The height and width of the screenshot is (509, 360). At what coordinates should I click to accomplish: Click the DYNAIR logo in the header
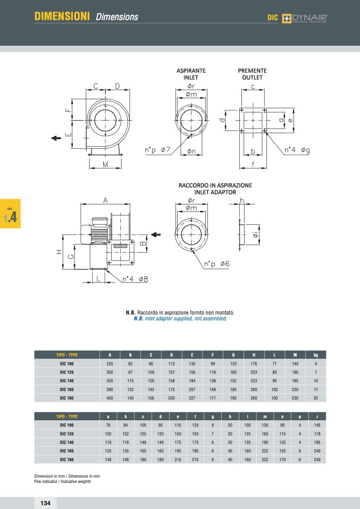click(x=305, y=18)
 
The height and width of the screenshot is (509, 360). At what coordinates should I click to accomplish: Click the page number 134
click(x=46, y=503)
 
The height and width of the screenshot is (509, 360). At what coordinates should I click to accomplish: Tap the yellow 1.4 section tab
click(x=10, y=214)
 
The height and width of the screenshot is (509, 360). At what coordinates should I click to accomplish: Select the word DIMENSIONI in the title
click(x=62, y=16)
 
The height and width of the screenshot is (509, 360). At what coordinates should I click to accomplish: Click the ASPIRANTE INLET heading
click(x=191, y=74)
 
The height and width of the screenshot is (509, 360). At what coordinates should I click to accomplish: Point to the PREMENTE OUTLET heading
click(x=252, y=74)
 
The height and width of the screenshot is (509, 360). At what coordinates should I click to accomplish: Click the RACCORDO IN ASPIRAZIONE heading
click(x=215, y=185)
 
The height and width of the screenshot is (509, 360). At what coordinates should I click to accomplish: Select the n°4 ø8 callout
click(x=135, y=279)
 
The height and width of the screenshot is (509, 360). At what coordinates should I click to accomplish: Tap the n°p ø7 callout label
click(x=157, y=150)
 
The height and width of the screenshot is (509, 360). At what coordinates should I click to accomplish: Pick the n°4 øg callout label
click(x=297, y=150)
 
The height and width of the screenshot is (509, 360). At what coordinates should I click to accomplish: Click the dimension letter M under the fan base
click(x=105, y=164)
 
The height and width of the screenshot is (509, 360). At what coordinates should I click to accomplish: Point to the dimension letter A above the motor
click(x=105, y=201)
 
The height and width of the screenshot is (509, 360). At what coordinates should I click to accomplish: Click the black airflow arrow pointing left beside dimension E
click(x=56, y=138)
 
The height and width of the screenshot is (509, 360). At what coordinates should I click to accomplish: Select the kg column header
click(x=315, y=355)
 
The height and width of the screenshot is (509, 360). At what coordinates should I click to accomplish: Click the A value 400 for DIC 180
click(x=110, y=398)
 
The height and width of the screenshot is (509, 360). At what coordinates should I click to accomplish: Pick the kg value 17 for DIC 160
click(x=315, y=389)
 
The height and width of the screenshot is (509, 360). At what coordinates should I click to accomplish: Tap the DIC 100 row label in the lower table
click(x=66, y=425)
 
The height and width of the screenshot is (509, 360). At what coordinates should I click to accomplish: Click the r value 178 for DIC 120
click(x=317, y=434)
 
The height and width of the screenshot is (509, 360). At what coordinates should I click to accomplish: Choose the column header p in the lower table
click(x=300, y=417)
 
